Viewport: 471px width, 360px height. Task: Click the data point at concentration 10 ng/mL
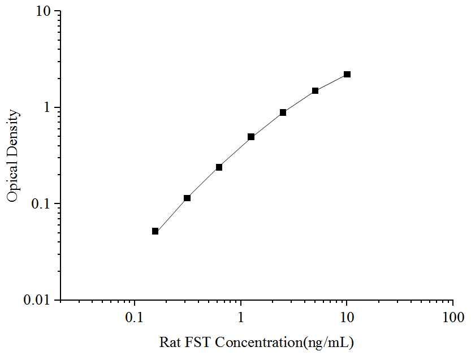pyautogui.click(x=347, y=75)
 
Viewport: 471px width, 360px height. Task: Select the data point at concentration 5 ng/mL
pyautogui.click(x=316, y=90)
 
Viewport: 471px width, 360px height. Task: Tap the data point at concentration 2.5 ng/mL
pyautogui.click(x=283, y=112)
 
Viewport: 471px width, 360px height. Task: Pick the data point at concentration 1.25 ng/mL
pyautogui.click(x=251, y=137)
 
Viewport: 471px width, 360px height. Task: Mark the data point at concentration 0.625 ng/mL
pyautogui.click(x=219, y=167)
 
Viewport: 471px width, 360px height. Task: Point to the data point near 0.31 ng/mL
pyautogui.click(x=187, y=198)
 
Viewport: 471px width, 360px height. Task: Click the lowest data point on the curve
pyautogui.click(x=155, y=231)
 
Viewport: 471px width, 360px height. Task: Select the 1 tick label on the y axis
pyautogui.click(x=49, y=107)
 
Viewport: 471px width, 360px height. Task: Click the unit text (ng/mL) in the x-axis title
pyautogui.click(x=329, y=342)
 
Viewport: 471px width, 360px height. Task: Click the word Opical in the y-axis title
pyautogui.click(x=12, y=181)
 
